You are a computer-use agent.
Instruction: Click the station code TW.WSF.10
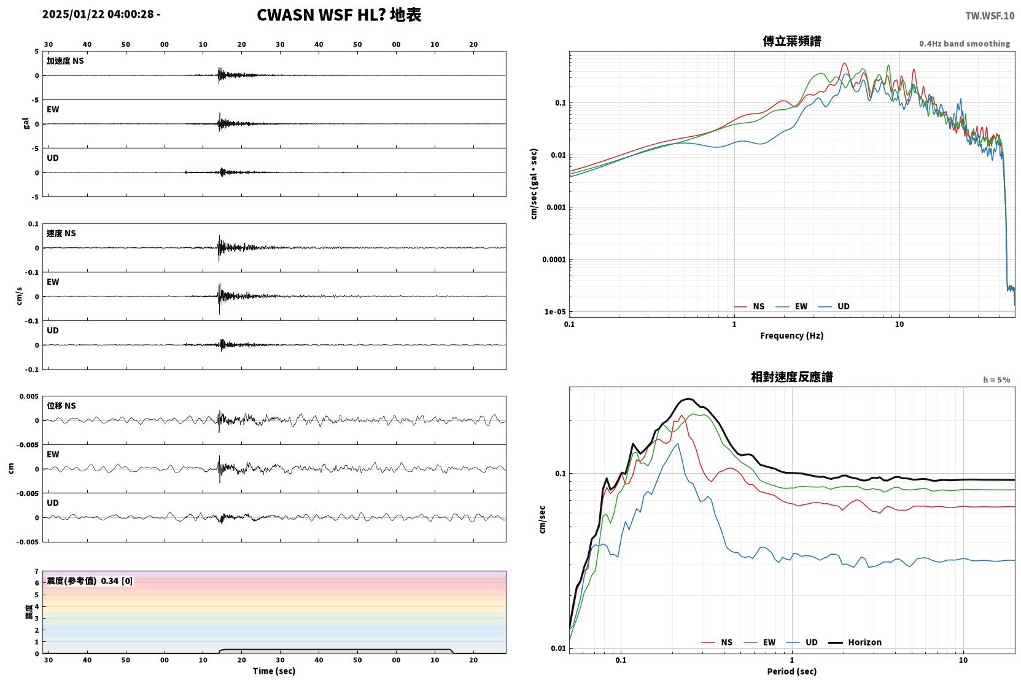(x=990, y=15)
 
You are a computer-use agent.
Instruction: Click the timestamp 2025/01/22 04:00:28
(x=98, y=14)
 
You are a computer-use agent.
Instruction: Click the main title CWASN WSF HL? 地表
(x=339, y=15)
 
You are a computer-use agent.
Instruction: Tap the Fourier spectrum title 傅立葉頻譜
(x=792, y=41)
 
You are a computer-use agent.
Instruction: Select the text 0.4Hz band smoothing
(x=965, y=44)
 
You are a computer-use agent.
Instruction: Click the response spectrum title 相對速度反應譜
(x=792, y=377)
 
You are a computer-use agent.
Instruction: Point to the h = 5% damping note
(x=996, y=379)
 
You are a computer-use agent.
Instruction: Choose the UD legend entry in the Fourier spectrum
(x=834, y=306)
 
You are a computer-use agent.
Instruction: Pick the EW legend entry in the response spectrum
(x=759, y=642)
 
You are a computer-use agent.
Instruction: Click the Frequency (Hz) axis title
(x=792, y=336)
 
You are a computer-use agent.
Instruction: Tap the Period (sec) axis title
(x=792, y=671)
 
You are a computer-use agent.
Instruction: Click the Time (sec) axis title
(x=274, y=671)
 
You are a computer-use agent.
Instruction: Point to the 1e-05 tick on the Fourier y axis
(x=555, y=312)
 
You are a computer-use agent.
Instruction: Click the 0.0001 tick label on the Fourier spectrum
(x=554, y=260)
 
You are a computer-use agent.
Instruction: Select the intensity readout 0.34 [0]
(x=117, y=581)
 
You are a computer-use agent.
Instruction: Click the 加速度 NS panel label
(x=65, y=61)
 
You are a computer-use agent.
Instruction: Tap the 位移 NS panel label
(x=61, y=406)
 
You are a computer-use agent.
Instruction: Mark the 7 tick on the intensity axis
(x=37, y=571)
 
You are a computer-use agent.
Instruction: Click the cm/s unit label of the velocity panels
(x=19, y=296)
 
